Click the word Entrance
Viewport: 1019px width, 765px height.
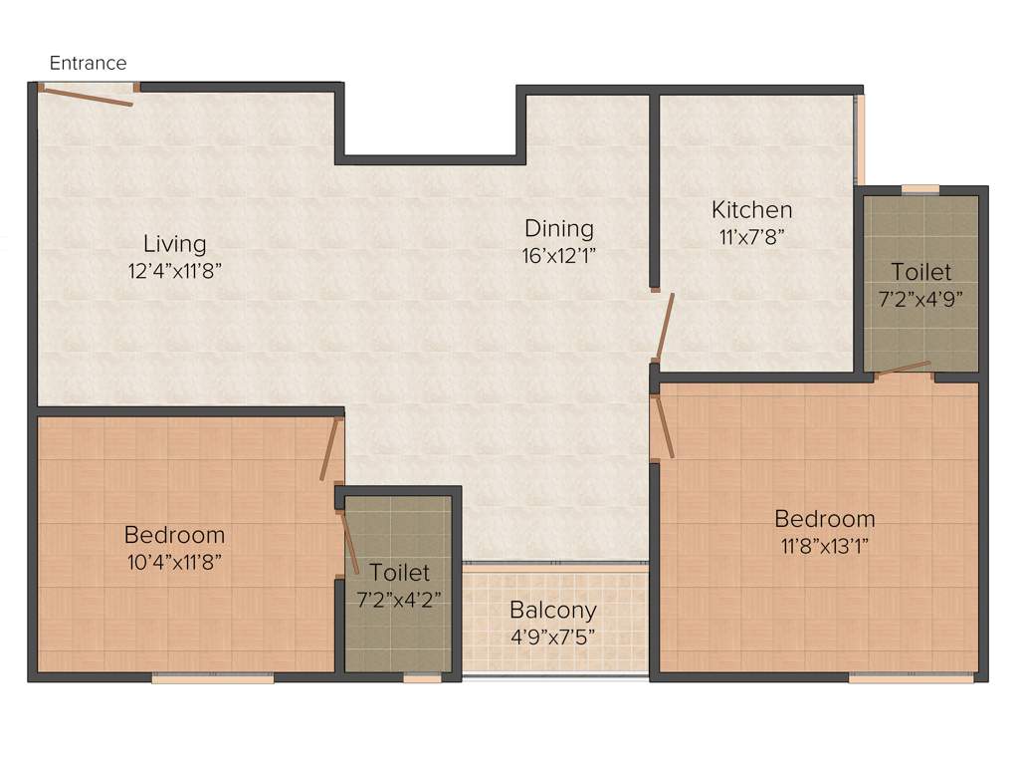[x=89, y=63]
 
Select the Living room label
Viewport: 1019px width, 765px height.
[x=175, y=243]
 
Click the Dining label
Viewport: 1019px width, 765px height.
[x=559, y=229]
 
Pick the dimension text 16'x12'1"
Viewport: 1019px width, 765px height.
[x=559, y=255]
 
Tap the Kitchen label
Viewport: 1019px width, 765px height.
[x=751, y=210]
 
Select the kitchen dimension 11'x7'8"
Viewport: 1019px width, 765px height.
[x=751, y=236]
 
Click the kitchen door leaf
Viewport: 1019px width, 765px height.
[x=665, y=327]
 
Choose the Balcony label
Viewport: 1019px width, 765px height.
[x=553, y=610]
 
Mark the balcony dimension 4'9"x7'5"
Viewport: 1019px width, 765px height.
[x=553, y=635]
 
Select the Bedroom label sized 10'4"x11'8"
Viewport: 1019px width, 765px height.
[x=174, y=535]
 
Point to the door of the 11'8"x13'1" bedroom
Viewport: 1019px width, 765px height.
[x=664, y=426]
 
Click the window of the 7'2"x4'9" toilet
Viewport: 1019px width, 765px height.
[x=920, y=188]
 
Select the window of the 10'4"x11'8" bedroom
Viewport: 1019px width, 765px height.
[x=213, y=679]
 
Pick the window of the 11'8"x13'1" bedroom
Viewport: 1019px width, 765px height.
[x=911, y=679]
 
